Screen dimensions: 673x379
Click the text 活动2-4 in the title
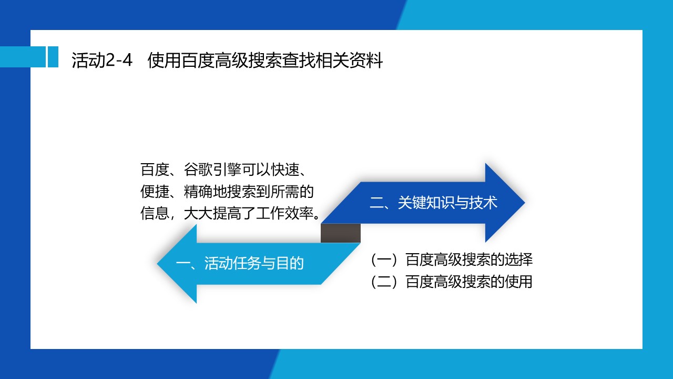point(102,60)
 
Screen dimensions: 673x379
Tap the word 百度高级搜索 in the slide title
point(231,60)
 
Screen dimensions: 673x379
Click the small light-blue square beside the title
point(53,57)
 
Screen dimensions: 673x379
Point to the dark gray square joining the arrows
point(340,233)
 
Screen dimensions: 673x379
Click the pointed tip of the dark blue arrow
point(525,203)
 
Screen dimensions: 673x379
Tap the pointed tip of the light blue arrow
point(157,264)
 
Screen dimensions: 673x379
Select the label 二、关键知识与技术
point(433,203)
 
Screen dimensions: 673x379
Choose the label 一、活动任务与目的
point(239,263)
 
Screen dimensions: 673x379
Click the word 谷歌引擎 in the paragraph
point(213,169)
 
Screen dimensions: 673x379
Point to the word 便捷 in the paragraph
point(155,191)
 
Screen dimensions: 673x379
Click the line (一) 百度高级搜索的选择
point(451,260)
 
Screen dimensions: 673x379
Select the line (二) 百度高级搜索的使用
point(451,282)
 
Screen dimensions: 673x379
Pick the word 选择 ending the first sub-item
point(518,260)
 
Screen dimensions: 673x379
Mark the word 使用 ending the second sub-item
point(518,282)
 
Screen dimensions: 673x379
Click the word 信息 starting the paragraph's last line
point(155,213)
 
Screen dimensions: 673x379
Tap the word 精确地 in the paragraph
point(206,191)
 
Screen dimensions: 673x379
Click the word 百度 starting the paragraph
point(155,169)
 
